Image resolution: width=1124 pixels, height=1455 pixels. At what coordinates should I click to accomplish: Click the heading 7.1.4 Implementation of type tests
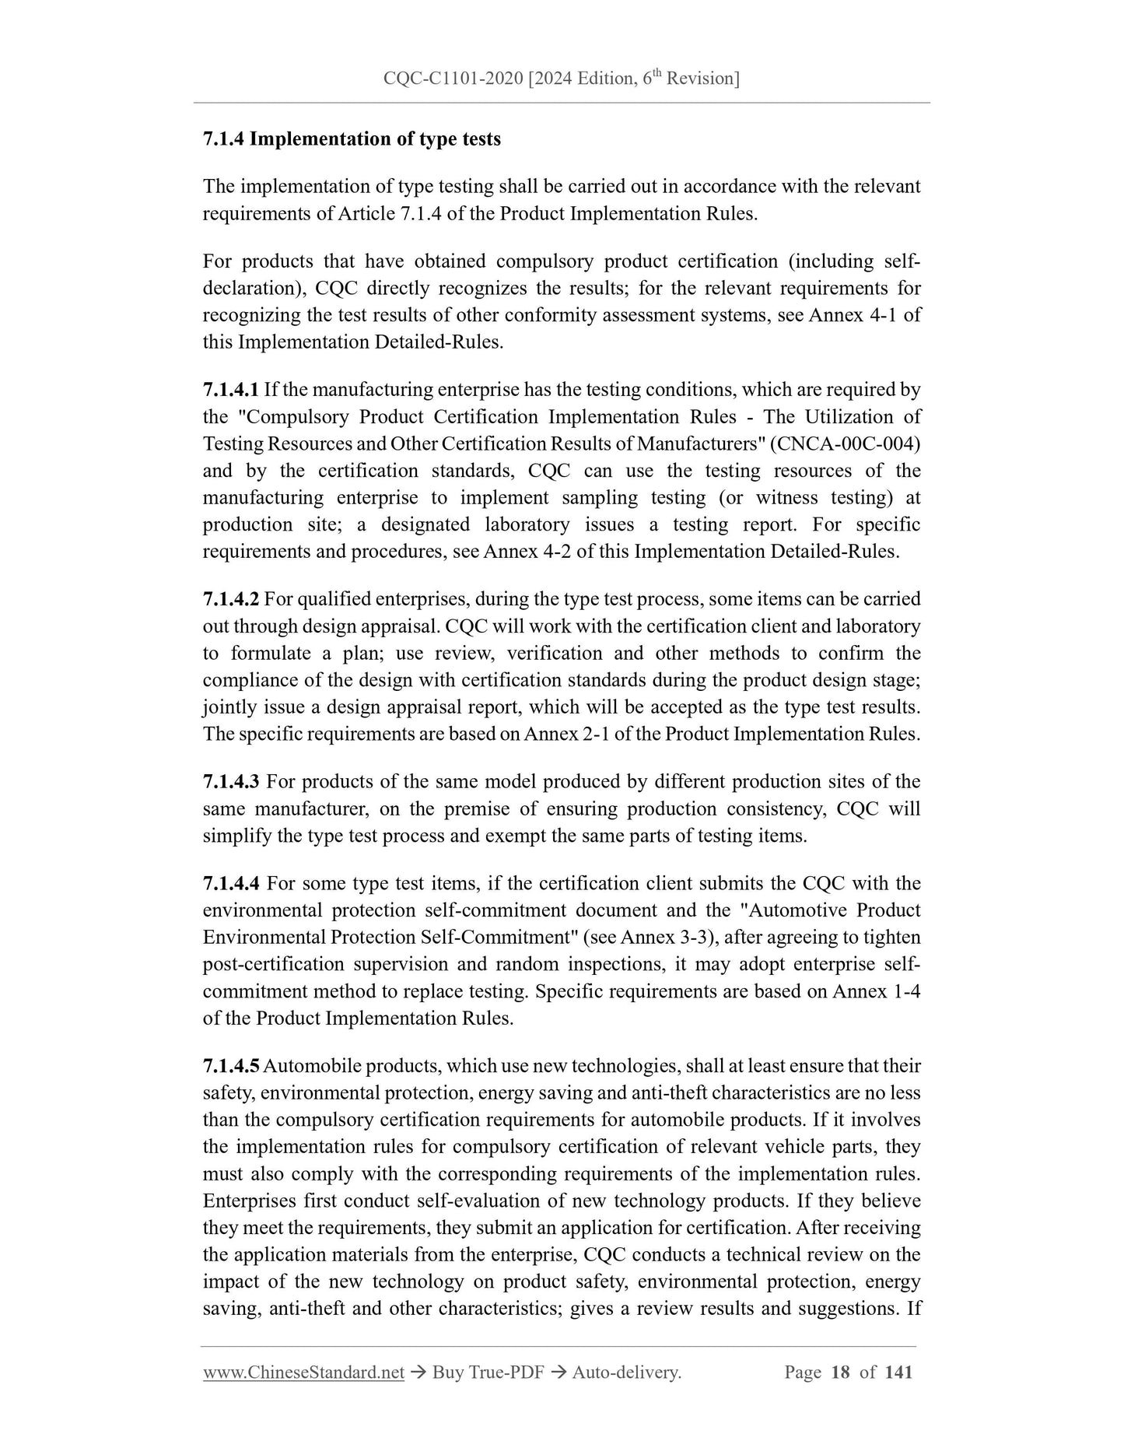(x=352, y=139)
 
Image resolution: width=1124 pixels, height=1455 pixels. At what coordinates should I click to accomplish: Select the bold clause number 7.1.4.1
(x=231, y=390)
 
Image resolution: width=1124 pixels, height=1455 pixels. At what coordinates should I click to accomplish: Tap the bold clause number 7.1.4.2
(x=231, y=599)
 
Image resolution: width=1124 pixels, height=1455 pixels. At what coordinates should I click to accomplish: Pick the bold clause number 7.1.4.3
(x=231, y=782)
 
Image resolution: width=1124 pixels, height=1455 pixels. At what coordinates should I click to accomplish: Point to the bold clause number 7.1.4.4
(x=231, y=884)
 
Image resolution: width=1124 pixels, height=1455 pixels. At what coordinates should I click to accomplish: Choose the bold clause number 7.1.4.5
(x=231, y=1066)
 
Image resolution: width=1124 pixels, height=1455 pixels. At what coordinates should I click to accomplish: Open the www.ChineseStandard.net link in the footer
(x=303, y=1373)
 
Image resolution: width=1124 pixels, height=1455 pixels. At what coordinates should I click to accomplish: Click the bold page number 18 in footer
(x=840, y=1373)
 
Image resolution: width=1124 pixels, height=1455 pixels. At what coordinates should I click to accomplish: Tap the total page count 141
(x=898, y=1373)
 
